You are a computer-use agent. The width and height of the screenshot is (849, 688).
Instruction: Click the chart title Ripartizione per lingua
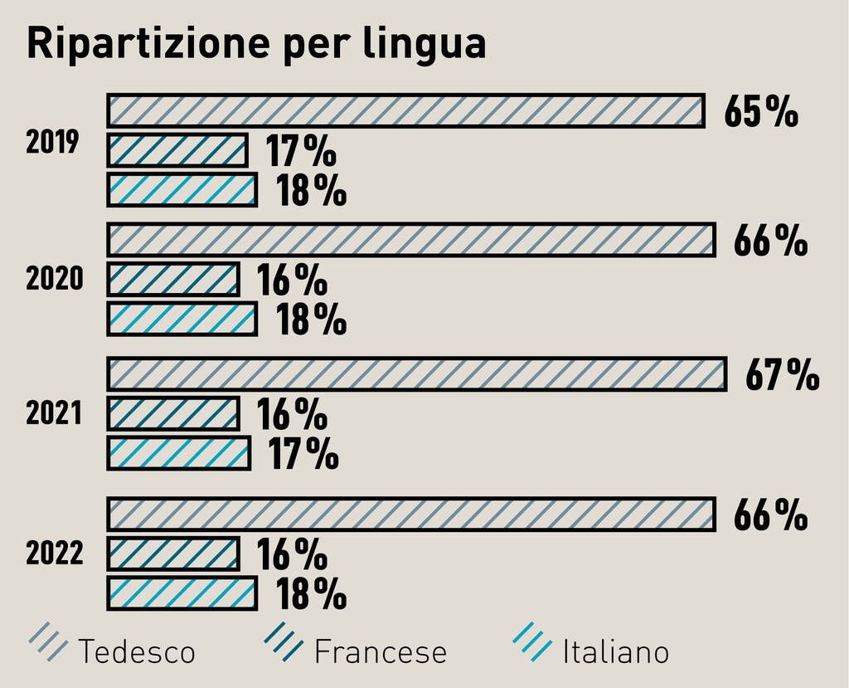tap(256, 44)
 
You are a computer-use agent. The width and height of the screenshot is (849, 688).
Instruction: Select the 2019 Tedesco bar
tap(405, 111)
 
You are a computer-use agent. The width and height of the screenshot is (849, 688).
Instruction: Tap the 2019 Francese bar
tap(177, 150)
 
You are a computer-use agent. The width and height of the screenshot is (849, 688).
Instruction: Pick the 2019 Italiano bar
tap(182, 189)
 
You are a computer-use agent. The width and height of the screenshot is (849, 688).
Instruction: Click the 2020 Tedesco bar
tap(411, 240)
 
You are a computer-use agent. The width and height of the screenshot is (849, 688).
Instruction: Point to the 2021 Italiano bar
tap(179, 453)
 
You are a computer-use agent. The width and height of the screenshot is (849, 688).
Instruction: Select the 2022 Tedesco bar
tap(411, 515)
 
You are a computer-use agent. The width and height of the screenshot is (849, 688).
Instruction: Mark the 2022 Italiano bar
tap(182, 593)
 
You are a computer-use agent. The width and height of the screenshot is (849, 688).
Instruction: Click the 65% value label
tap(760, 111)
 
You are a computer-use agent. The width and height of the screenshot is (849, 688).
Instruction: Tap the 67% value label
tap(782, 375)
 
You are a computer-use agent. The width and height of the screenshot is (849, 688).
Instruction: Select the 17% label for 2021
tap(303, 454)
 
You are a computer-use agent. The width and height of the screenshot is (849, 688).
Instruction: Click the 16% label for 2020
tap(292, 281)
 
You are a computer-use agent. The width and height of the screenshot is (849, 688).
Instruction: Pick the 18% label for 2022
tap(311, 594)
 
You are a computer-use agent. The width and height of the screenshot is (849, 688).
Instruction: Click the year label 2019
tap(52, 143)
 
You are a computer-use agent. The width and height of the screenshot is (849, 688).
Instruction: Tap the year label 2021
tap(54, 413)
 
